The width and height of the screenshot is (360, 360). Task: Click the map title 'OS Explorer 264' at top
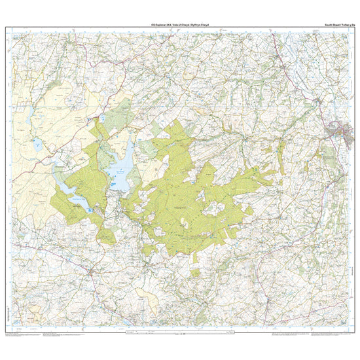coord(179,24)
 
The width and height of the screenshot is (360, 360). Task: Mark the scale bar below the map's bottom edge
coord(179,334)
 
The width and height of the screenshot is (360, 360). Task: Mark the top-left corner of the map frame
coord(6,27)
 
